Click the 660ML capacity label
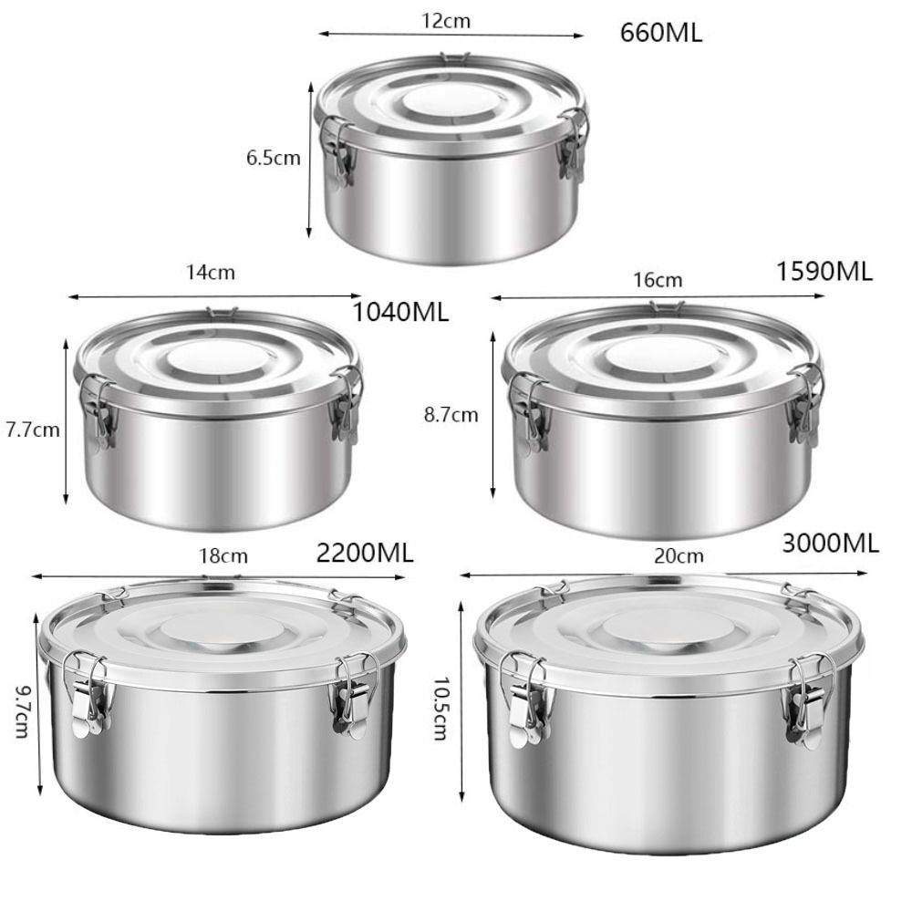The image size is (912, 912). [x=660, y=33]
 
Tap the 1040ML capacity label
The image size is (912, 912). [x=401, y=312]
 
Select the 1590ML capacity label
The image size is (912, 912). [x=824, y=272]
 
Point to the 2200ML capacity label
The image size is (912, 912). [x=365, y=553]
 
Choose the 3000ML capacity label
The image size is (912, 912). [x=830, y=544]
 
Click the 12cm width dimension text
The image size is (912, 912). [x=446, y=21]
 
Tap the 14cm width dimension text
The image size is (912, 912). [x=211, y=272]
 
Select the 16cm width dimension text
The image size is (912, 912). [x=658, y=280]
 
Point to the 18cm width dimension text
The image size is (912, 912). [x=223, y=556]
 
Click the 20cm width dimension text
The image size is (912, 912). [x=679, y=556]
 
